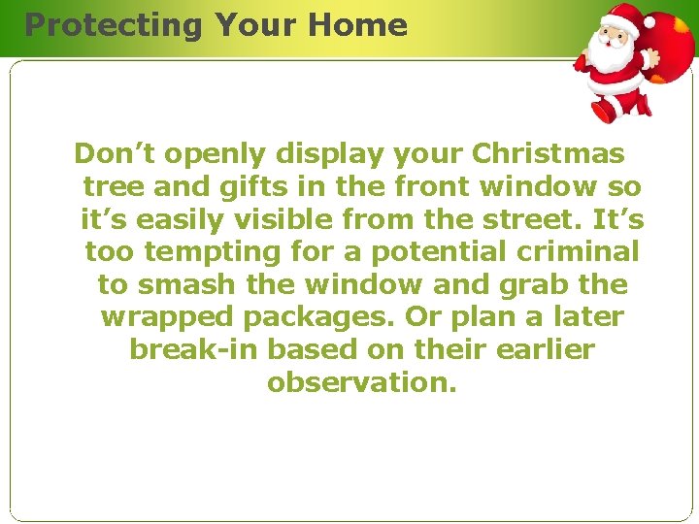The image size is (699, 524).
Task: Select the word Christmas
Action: pyautogui.click(x=549, y=154)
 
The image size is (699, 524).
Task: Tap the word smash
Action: pyautogui.click(x=177, y=285)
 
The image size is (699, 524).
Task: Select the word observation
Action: pyautogui.click(x=361, y=383)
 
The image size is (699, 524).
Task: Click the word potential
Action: pyautogui.click(x=419, y=253)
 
